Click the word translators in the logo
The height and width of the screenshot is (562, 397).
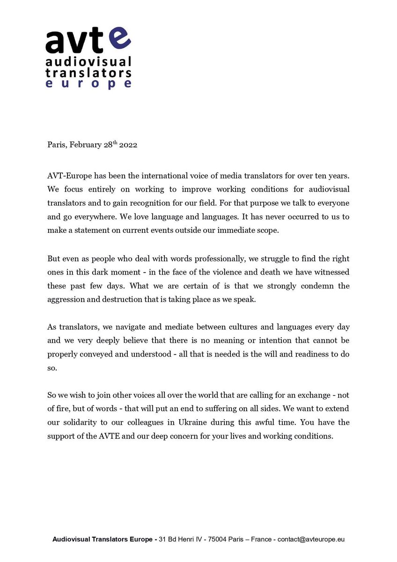[x=88, y=73]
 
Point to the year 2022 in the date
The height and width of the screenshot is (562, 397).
[x=128, y=145]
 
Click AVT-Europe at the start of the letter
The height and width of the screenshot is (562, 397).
[x=66, y=176]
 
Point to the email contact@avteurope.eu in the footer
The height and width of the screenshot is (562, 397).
[x=311, y=540]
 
